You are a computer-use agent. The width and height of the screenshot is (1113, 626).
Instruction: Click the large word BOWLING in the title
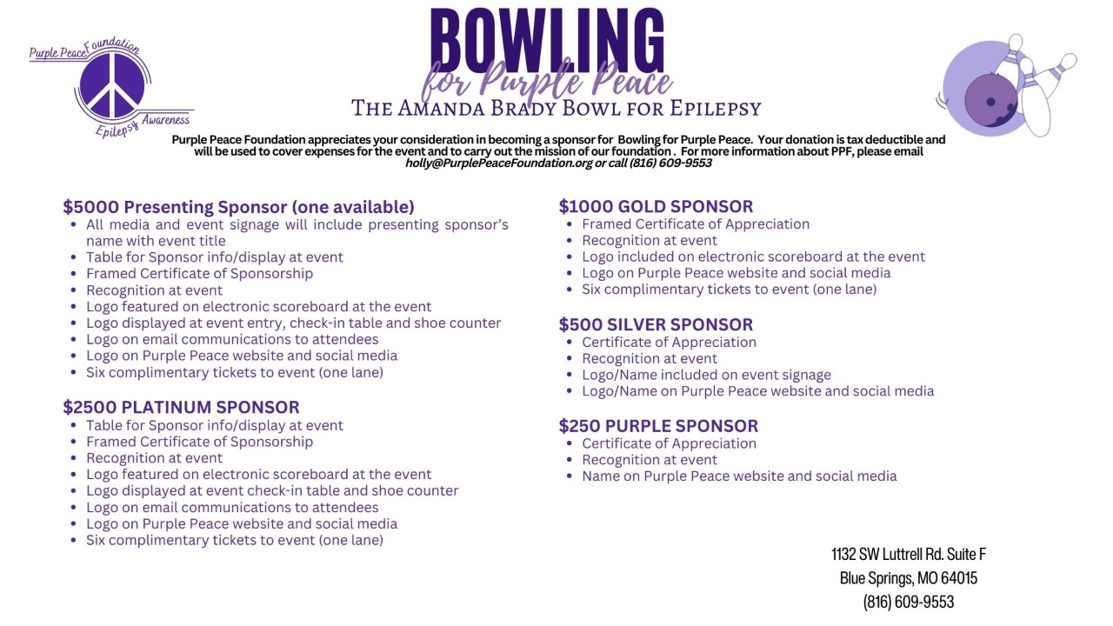pos(546,39)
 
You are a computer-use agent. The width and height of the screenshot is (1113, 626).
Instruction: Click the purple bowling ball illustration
pos(991,100)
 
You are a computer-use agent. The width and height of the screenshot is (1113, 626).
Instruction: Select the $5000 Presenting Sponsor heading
pos(238,207)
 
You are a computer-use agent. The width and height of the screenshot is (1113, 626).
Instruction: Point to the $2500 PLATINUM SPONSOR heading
pos(181,407)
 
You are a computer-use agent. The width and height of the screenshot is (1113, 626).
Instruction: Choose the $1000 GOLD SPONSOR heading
pos(656,206)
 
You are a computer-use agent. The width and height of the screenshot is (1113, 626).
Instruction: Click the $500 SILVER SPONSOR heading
pos(656,324)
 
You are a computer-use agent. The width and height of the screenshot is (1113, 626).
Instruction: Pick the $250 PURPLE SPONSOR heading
pos(658,425)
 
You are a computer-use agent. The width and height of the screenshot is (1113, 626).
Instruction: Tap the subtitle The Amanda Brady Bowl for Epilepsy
pos(556,108)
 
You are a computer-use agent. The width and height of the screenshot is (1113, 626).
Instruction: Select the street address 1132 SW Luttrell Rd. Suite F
pos(909,554)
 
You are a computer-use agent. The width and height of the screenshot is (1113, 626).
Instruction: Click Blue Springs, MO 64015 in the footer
pos(909,577)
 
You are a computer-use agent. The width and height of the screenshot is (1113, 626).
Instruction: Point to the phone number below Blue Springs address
pos(909,601)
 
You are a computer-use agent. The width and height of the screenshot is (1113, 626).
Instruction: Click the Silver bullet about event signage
pos(706,375)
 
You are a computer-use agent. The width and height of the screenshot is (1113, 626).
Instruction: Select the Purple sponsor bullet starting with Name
pos(739,476)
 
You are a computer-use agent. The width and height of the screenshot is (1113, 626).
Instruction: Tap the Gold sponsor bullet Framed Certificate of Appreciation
pos(696,223)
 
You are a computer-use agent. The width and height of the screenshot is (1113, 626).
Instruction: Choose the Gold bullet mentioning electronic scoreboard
pos(753,256)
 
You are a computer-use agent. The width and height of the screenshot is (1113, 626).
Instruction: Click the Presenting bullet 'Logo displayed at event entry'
pos(293,323)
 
